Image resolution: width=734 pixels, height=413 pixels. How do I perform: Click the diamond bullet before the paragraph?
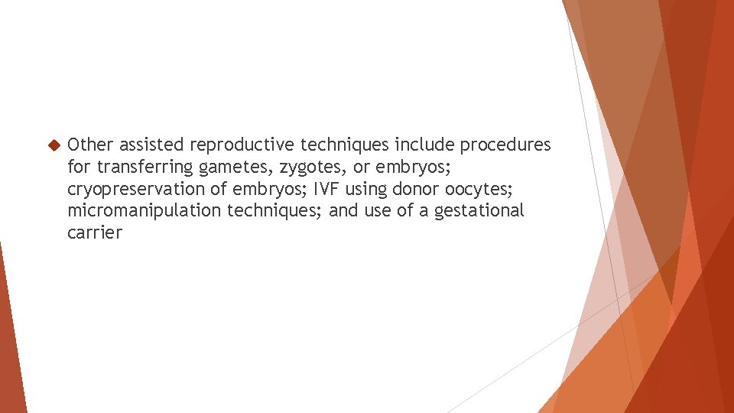coord(53,145)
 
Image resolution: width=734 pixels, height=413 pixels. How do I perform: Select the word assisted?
coord(151,145)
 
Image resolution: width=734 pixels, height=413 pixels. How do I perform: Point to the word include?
coord(424,145)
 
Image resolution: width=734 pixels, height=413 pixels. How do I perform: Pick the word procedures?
coord(505,145)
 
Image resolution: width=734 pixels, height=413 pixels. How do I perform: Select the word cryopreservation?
coord(136,189)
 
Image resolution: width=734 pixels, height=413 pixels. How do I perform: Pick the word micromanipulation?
coord(145,211)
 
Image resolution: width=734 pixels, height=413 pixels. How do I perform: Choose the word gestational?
coord(479,211)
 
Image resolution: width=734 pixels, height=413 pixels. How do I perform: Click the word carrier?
coord(94,233)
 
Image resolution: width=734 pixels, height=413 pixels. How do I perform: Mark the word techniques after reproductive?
coord(345,145)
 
